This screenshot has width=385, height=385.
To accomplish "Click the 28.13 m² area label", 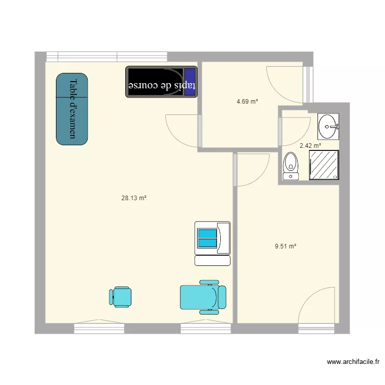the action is pyautogui.click(x=134, y=198).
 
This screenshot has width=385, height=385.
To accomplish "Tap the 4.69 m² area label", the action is pyautogui.click(x=247, y=102).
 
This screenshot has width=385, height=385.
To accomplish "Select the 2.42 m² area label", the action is pyautogui.click(x=311, y=146).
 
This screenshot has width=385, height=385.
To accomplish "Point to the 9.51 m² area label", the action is pyautogui.click(x=285, y=246).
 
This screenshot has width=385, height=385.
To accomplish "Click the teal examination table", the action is pyautogui.click(x=72, y=109).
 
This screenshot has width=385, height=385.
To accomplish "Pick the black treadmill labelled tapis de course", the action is pyautogui.click(x=161, y=82).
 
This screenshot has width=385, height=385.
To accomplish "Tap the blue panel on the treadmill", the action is pyautogui.click(x=190, y=82).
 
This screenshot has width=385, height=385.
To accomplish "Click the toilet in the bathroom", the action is pyautogui.click(x=291, y=166).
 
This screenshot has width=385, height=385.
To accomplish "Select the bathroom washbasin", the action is pyautogui.click(x=328, y=126).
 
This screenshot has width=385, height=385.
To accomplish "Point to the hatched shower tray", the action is pyautogui.click(x=324, y=165).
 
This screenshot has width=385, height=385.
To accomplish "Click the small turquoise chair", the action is pyautogui.click(x=120, y=297).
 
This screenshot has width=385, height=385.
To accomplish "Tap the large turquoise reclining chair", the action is pyautogui.click(x=203, y=297).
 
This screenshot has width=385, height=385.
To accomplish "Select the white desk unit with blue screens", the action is pyautogui.click(x=213, y=243).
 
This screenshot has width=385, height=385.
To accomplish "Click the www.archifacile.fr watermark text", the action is pyautogui.click(x=353, y=362).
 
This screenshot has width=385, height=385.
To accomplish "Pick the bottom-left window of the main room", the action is pyautogui.click(x=99, y=329).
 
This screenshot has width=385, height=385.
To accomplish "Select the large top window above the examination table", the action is pyautogui.click(x=107, y=56).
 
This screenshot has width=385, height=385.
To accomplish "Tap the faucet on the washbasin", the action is pyautogui.click(x=334, y=127).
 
